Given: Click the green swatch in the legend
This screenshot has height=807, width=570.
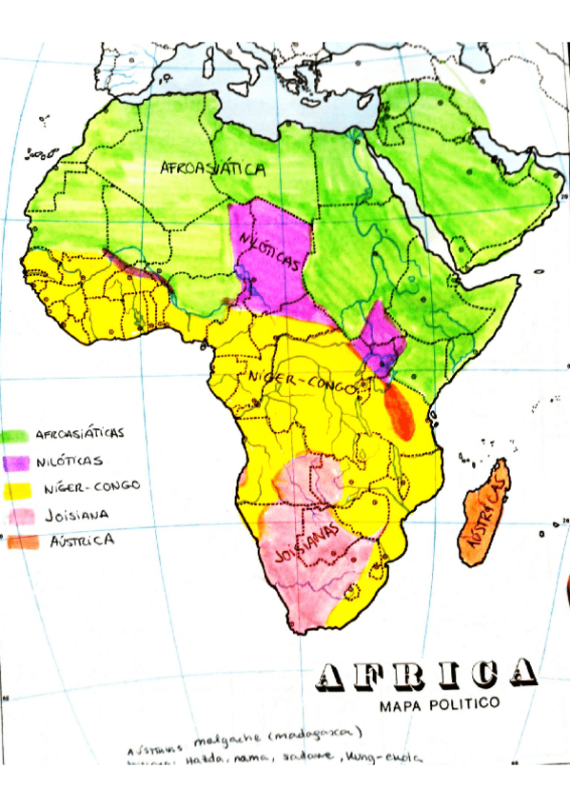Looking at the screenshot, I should click(16, 435).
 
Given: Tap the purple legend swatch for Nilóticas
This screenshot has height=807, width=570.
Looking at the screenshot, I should click(16, 462).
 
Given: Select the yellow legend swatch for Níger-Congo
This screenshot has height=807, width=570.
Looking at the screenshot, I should click(16, 488).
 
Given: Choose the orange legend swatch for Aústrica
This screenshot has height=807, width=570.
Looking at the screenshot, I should click(16, 541).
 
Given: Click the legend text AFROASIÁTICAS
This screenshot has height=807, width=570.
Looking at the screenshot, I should click(80, 433).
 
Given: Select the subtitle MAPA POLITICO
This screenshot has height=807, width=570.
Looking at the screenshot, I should click(439, 705).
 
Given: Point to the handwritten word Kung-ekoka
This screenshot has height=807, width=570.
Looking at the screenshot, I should click(381, 758).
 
